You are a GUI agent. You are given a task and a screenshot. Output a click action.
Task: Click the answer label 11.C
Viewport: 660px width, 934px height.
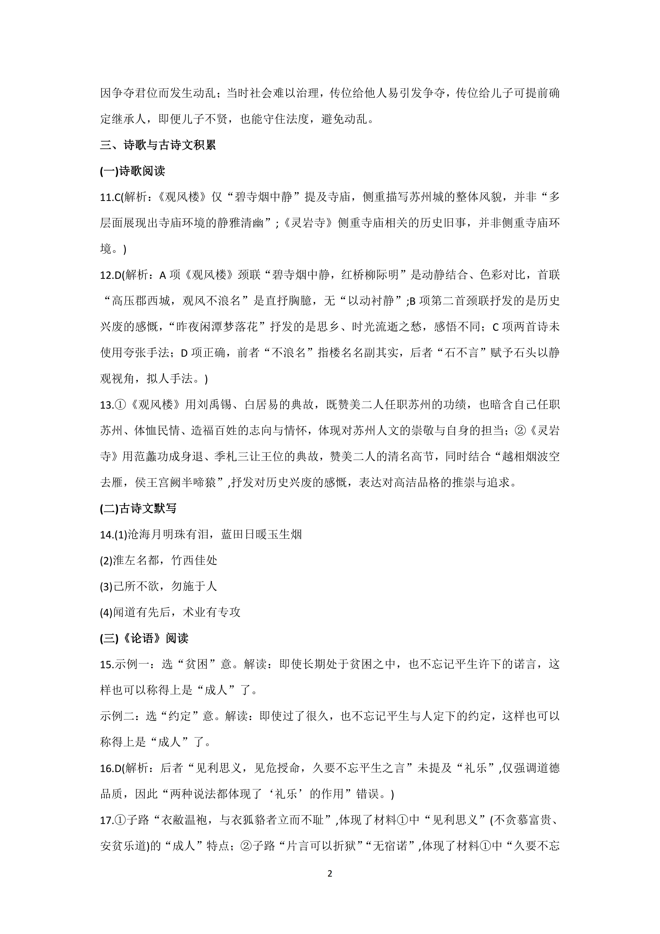[x=110, y=197]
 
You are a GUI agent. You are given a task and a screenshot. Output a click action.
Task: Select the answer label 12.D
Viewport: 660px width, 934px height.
[x=111, y=275]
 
